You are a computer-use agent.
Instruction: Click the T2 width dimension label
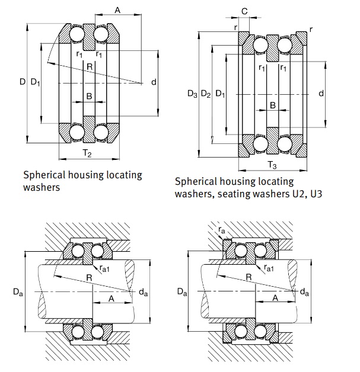[87, 153]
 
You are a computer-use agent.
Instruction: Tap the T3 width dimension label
[272, 165]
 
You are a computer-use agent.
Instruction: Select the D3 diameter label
[192, 94]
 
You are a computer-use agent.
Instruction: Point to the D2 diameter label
[206, 94]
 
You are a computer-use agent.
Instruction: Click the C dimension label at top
[244, 11]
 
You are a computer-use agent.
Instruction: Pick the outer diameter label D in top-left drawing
[23, 82]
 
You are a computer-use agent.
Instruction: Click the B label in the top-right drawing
[273, 105]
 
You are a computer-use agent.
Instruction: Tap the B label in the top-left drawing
[89, 96]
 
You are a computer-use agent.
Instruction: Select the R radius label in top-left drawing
[90, 67]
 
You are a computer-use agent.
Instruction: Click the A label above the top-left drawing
[117, 10]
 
